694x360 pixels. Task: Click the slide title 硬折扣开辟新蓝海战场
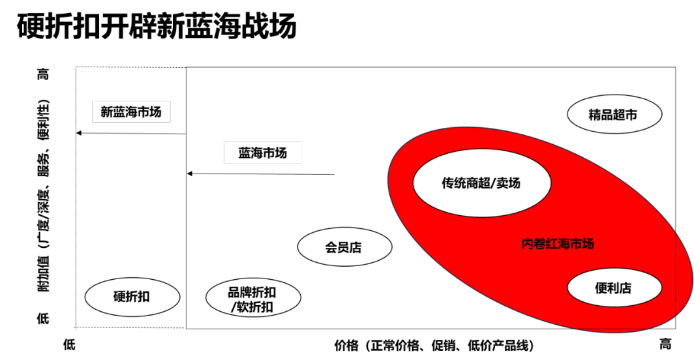[x=157, y=26]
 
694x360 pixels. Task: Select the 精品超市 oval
[x=614, y=114]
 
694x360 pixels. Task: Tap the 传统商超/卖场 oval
[x=481, y=183]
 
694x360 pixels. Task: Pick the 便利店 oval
[x=614, y=288]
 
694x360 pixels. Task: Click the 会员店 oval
[x=344, y=247]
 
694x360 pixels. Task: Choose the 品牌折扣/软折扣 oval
[x=252, y=297]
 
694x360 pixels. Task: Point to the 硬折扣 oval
[x=132, y=297]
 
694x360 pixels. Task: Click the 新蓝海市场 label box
[x=131, y=112]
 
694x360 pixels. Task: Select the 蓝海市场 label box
[x=262, y=153]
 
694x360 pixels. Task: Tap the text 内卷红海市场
[x=558, y=243]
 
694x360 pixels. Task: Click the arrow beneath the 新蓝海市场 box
[x=132, y=133]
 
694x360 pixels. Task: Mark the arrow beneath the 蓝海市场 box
[x=261, y=173]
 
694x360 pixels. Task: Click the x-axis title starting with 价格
[x=434, y=346]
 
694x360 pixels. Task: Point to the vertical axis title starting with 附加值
[x=43, y=196]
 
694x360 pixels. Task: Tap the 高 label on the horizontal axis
[x=665, y=344]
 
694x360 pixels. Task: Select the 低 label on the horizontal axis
[x=70, y=344]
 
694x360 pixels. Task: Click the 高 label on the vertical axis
[x=43, y=74]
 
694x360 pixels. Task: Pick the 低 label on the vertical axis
[x=43, y=318]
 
